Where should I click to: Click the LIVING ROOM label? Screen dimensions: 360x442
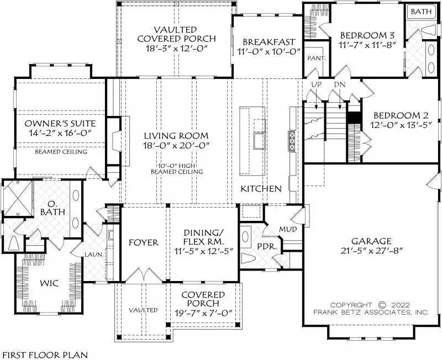point(176,135)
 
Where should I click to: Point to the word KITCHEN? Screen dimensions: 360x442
point(261,188)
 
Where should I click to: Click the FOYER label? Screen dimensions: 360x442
point(144,242)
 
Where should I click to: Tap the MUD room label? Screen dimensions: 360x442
point(287,228)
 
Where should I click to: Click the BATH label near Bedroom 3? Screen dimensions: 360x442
point(421,11)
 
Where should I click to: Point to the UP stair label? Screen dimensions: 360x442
point(317,84)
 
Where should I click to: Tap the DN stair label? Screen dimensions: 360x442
point(339,84)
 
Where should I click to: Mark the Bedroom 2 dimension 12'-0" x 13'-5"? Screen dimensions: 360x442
point(401,125)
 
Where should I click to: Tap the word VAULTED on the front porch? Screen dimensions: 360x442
point(144,310)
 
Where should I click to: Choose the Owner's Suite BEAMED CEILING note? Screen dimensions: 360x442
point(61,151)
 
